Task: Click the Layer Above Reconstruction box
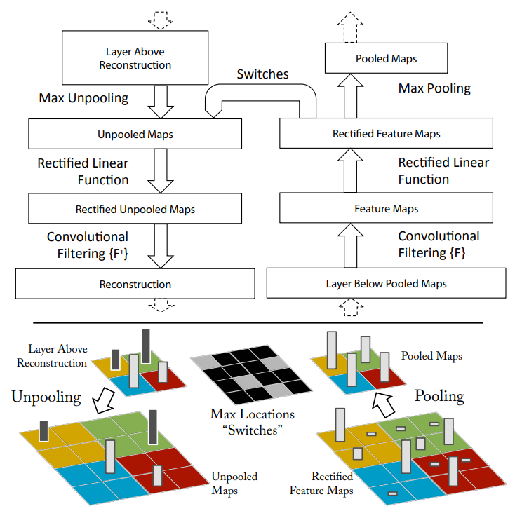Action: [x=135, y=58]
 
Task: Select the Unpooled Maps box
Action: [x=135, y=133]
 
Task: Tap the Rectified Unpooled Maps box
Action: [x=135, y=209]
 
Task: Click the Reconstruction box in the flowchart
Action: [x=135, y=285]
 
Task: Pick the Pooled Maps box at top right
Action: [x=386, y=58]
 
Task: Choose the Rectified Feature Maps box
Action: [x=388, y=133]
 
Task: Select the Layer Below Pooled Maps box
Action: [x=386, y=284]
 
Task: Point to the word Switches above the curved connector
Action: [x=262, y=74]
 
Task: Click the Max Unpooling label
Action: [x=83, y=98]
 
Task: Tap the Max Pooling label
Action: [x=434, y=88]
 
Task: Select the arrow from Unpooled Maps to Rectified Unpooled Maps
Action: [x=161, y=170]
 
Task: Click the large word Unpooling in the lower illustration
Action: [x=46, y=397]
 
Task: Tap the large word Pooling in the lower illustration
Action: [x=440, y=395]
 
